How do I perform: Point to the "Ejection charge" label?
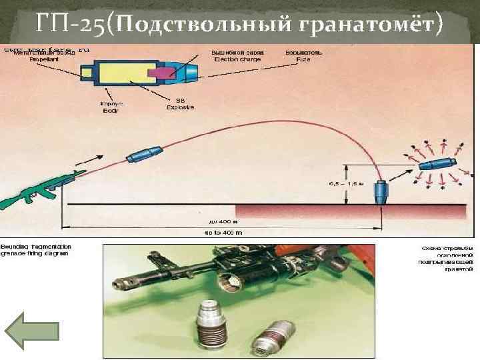pyautogui.click(x=237, y=59)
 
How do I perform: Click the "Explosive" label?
pyautogui.click(x=181, y=108)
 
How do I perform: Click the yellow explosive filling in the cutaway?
pyautogui.click(x=127, y=71)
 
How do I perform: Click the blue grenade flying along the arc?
pyautogui.click(x=146, y=153)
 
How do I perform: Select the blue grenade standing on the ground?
pyautogui.click(x=383, y=193)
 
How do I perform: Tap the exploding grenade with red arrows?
pyautogui.click(x=437, y=164)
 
